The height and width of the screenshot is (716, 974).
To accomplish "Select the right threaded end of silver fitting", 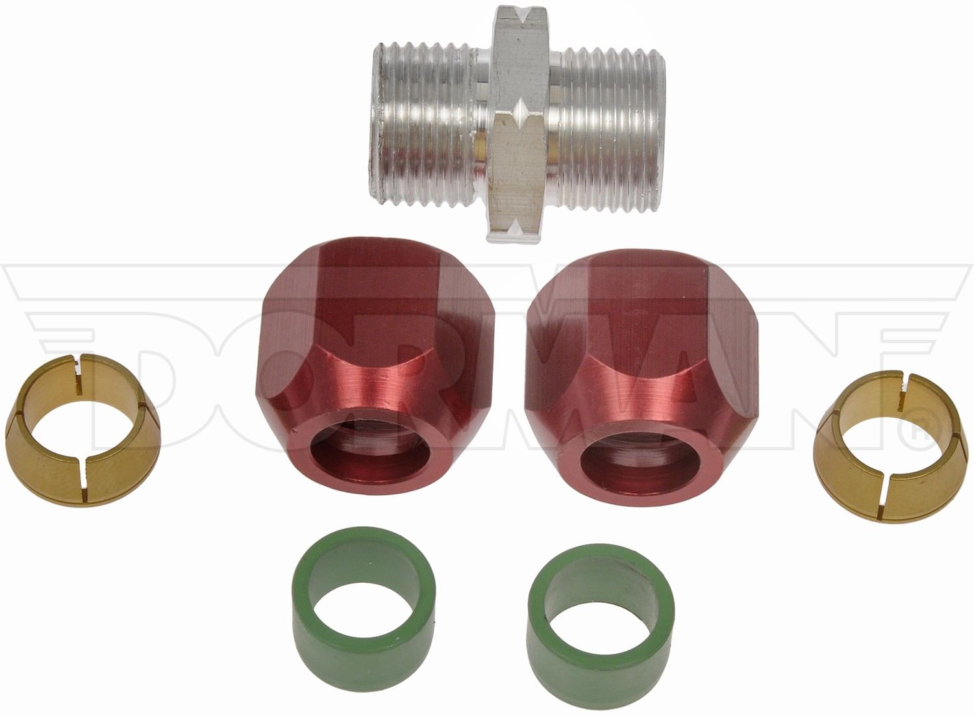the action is tap(609, 126).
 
